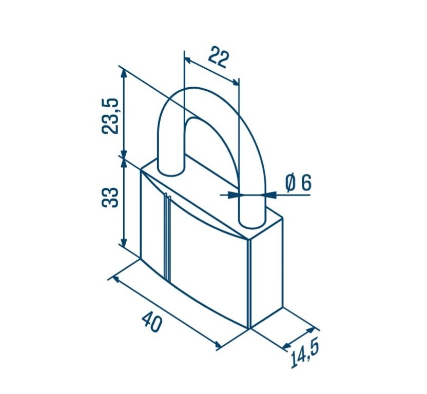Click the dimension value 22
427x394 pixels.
[x=219, y=57]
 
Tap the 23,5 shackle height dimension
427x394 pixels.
[x=110, y=116]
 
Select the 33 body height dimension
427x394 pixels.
[x=110, y=197]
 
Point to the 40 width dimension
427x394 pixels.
[x=152, y=322]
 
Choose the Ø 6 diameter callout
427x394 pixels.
[x=298, y=183]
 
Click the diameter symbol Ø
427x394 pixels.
[x=290, y=183]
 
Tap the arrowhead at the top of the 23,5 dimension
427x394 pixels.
[x=124, y=73]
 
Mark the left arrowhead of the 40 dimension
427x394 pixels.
[x=115, y=279]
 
